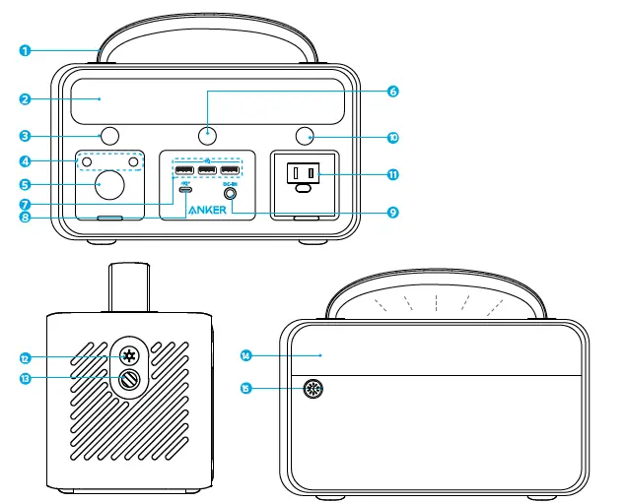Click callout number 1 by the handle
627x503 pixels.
click(27, 48)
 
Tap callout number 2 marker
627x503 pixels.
click(27, 98)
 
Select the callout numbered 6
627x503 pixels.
click(393, 92)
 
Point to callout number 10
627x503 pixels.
click(393, 137)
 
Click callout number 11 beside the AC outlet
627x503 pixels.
click(393, 174)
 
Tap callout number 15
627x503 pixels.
click(246, 389)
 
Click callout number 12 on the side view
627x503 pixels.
click(27, 357)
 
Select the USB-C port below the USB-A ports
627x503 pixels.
click(184, 193)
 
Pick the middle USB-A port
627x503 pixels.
click(207, 173)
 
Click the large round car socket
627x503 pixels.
click(109, 184)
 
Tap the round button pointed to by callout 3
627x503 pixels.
click(109, 135)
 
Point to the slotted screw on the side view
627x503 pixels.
click(128, 380)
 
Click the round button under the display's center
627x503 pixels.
click(207, 135)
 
